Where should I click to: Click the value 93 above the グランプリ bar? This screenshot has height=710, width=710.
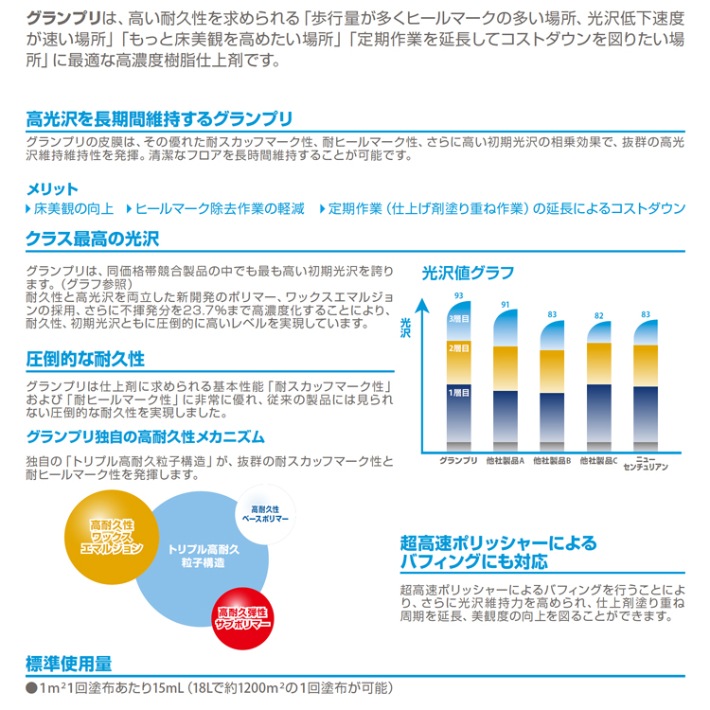click(458, 296)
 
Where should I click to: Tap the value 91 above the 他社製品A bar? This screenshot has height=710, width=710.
click(506, 304)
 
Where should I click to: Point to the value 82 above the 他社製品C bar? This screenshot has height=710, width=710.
click(598, 315)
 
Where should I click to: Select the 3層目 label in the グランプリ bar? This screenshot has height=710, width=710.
click(458, 319)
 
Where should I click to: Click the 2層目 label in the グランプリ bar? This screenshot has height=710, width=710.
click(458, 348)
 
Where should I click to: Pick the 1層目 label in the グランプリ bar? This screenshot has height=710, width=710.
click(458, 392)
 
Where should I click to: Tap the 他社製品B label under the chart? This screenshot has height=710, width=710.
click(552, 461)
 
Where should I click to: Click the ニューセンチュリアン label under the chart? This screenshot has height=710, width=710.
click(646, 464)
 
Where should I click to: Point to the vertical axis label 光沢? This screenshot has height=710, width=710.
click(406, 327)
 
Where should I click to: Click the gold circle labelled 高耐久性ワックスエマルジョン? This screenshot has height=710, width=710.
click(112, 536)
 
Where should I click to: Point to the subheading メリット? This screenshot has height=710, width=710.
click(52, 188)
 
